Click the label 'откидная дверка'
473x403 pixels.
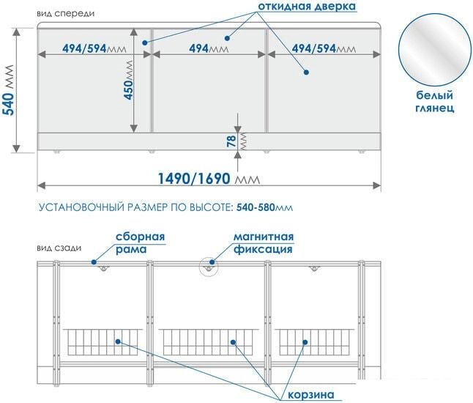[306, 7]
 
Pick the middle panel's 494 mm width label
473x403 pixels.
[207, 48]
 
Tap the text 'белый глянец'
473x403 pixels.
[435, 101]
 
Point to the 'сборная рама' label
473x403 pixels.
[140, 243]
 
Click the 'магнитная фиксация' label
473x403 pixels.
[264, 243]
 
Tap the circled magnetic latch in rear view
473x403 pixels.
[209, 267]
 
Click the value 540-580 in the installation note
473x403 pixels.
[256, 208]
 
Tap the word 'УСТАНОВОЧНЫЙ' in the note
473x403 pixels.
[78, 208]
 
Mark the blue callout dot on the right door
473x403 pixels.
[306, 72]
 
